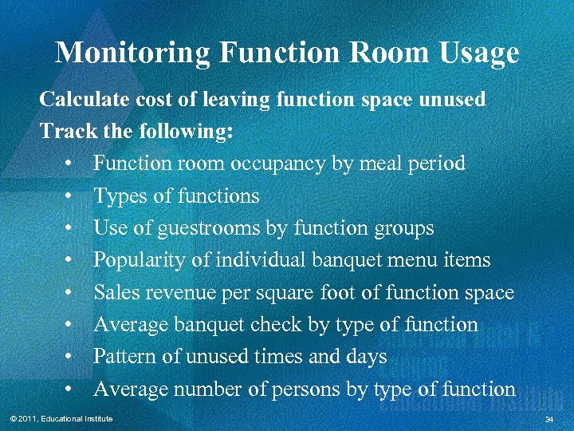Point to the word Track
65,131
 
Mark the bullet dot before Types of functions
71,196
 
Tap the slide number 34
548,419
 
